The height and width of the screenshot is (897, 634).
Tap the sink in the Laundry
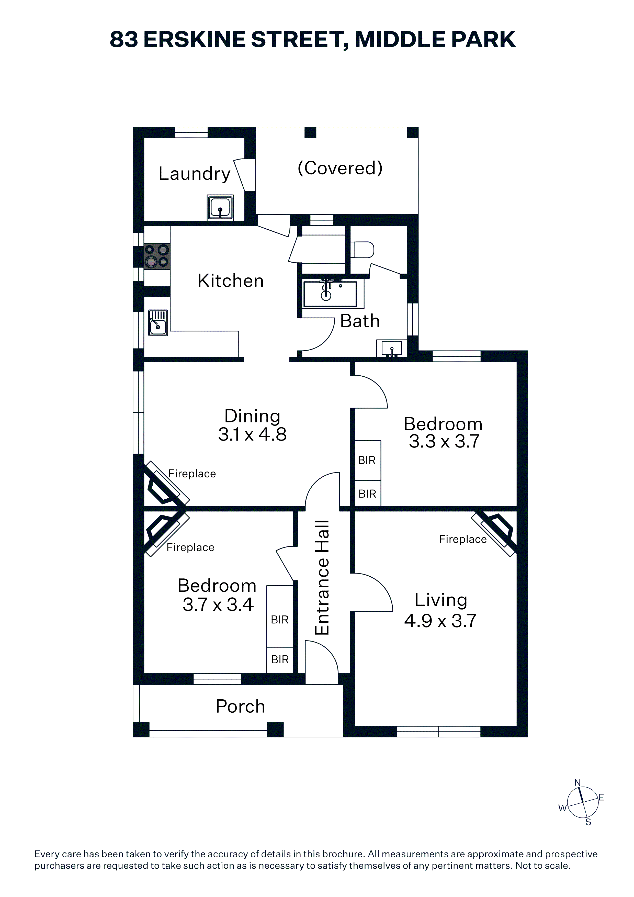point(220,207)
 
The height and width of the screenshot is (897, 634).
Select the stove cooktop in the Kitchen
point(157,256)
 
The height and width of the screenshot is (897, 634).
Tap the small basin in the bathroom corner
point(391,348)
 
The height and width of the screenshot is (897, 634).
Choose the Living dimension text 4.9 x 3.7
point(440,621)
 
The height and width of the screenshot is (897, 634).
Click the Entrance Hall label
point(322,578)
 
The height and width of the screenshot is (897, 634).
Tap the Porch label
point(240,706)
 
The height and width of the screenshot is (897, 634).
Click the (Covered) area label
point(340,169)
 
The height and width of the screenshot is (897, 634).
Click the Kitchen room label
point(231,281)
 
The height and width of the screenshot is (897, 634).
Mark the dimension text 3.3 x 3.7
point(444,441)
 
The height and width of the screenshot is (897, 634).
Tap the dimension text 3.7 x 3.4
point(218,605)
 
